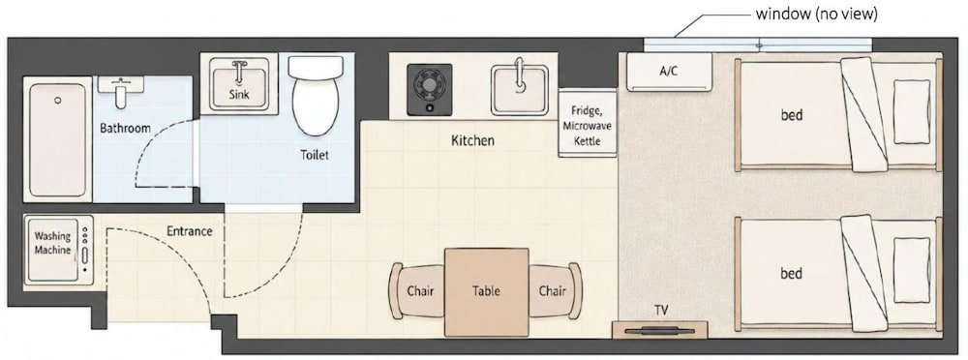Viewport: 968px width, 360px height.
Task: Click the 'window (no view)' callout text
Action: [x=816, y=15]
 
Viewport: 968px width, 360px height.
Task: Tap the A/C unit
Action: [x=669, y=71]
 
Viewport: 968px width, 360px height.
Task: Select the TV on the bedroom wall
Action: [x=660, y=330]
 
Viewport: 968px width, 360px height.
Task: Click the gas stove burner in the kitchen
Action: [x=429, y=89]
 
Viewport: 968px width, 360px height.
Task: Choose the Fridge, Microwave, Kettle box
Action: [x=588, y=122]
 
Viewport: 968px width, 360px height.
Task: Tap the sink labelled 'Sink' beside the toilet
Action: [x=239, y=84]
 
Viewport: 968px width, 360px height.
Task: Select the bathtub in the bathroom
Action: [x=57, y=139]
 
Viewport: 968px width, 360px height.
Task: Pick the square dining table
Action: [x=487, y=291]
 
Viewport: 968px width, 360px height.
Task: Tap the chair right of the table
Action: [x=555, y=291]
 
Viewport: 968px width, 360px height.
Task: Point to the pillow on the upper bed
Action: [x=911, y=110]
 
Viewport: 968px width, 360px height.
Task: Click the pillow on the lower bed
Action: [x=911, y=269]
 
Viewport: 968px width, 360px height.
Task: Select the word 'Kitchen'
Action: [x=473, y=140]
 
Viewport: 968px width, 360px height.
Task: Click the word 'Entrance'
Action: [x=190, y=231]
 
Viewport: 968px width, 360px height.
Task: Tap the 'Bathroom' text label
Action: [x=125, y=129]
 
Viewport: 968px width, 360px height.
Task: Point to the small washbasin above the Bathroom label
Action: [x=121, y=90]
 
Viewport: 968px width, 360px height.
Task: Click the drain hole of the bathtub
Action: [x=58, y=100]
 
